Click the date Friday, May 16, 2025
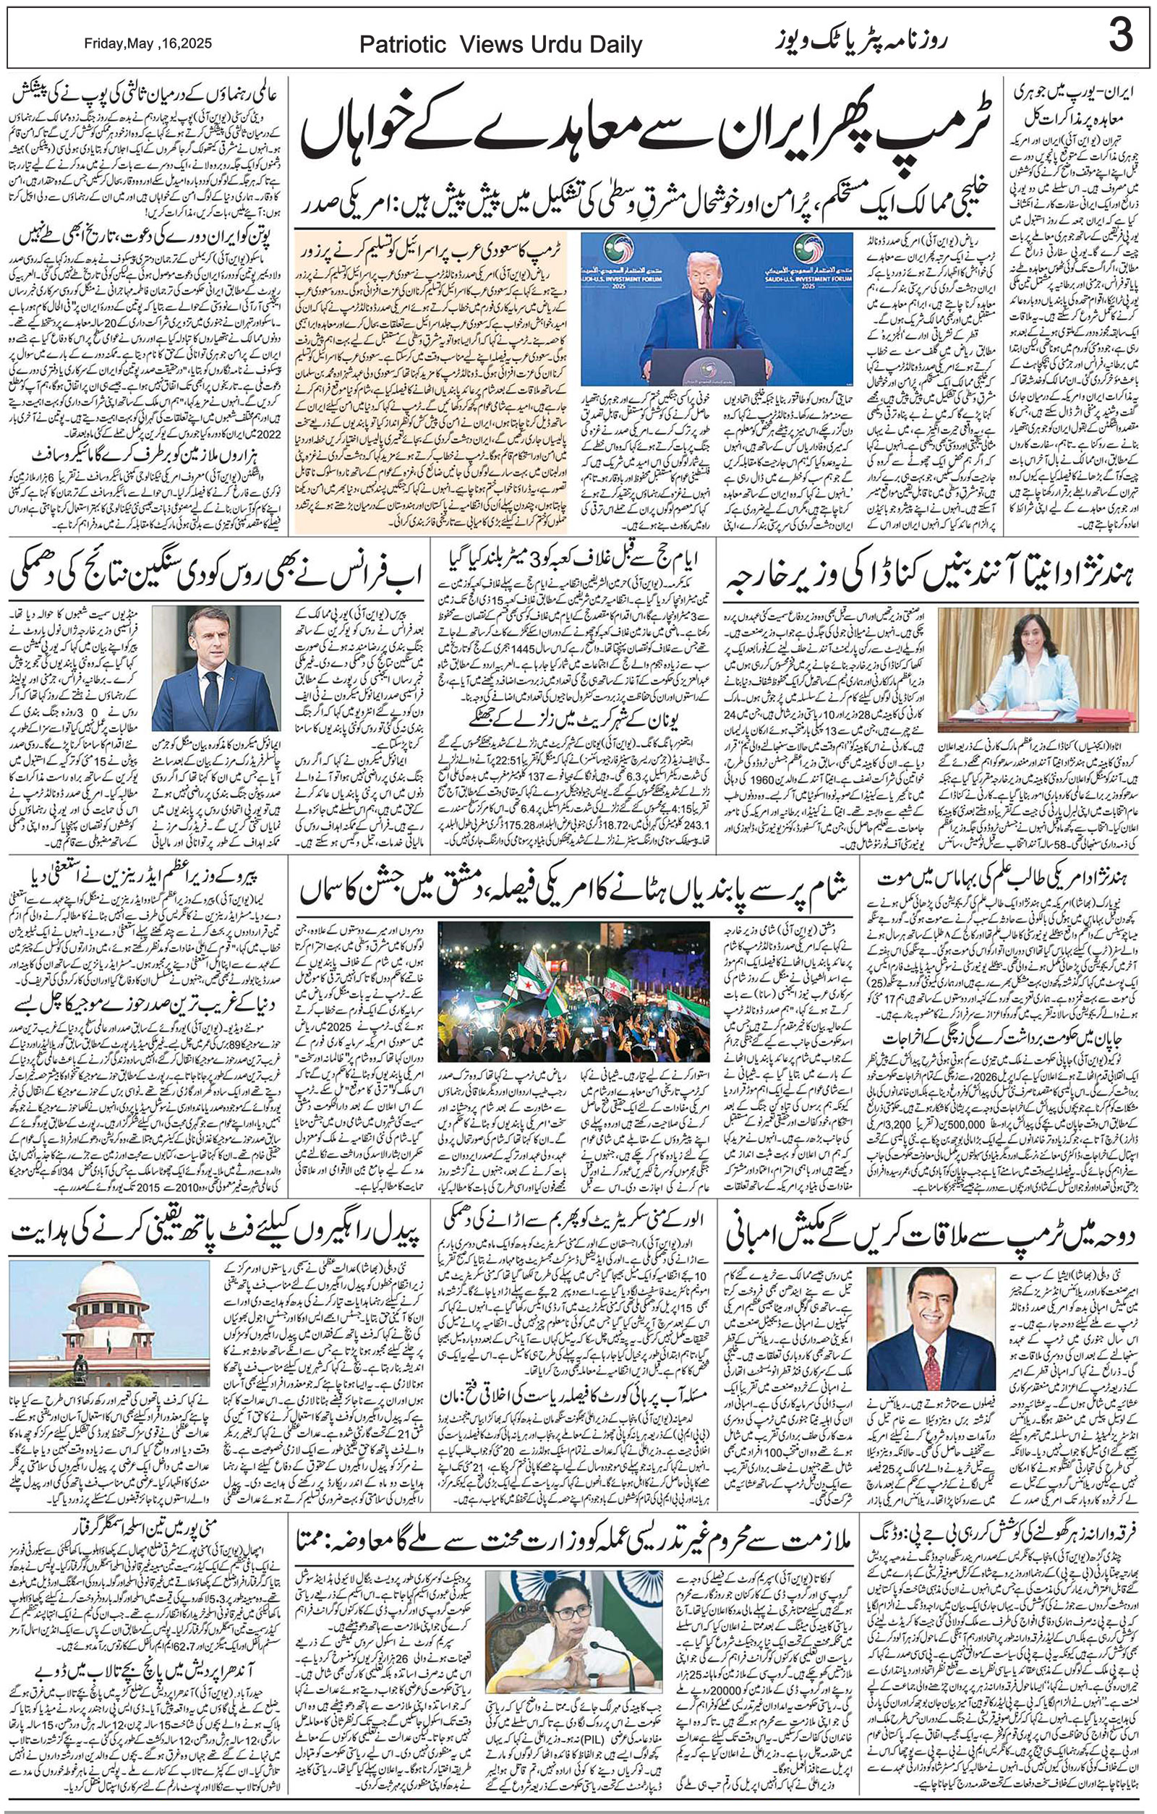(148, 43)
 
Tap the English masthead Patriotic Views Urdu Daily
(501, 45)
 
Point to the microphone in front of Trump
(706, 297)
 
